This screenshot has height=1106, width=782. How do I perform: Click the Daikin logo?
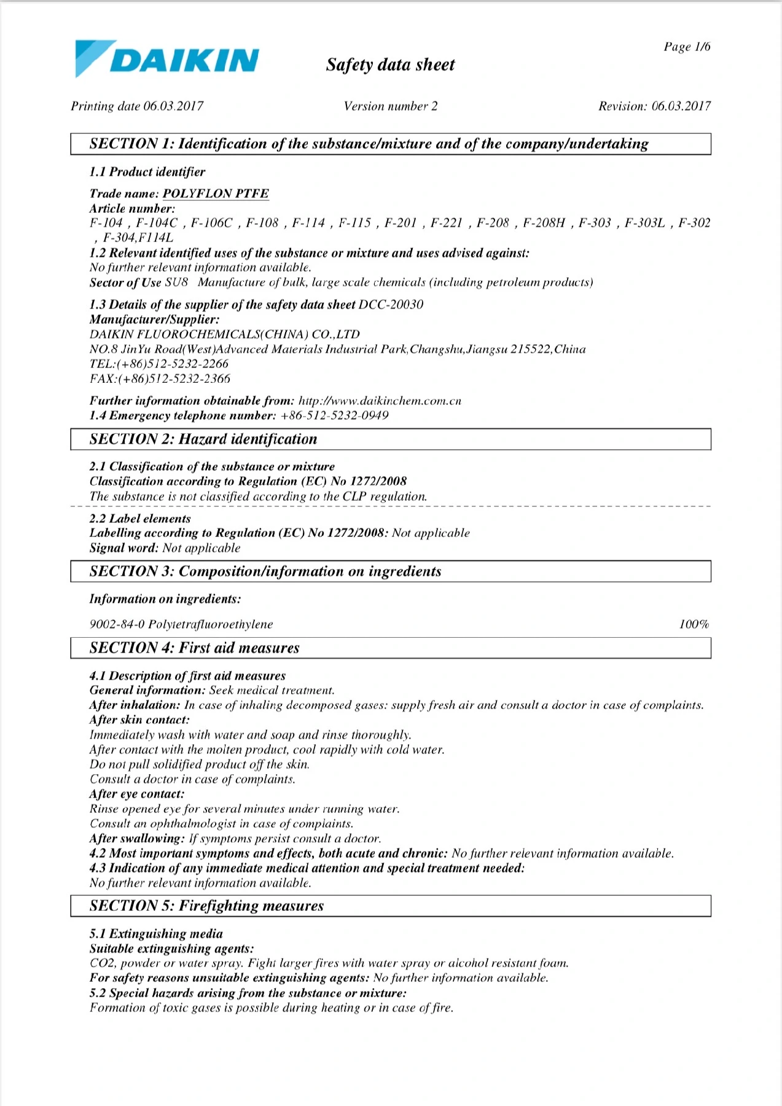click(x=166, y=59)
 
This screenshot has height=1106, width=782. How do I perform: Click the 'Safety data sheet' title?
click(x=390, y=65)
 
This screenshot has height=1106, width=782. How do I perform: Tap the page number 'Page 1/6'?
click(x=687, y=47)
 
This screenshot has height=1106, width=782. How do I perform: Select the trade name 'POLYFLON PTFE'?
click(x=216, y=194)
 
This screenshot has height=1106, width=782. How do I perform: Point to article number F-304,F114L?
click(x=138, y=238)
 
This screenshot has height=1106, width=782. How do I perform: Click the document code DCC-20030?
click(x=391, y=305)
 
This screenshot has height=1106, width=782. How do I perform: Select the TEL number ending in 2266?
click(x=159, y=364)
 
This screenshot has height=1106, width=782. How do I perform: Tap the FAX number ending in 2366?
click(x=160, y=379)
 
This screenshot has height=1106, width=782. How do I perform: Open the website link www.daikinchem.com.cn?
click(x=380, y=401)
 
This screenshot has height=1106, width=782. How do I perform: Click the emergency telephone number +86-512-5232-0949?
click(x=334, y=416)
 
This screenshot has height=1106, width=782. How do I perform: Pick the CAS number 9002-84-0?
click(x=117, y=624)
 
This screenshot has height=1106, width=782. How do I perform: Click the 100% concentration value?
click(x=694, y=624)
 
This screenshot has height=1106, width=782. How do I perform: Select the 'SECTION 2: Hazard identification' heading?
click(x=203, y=439)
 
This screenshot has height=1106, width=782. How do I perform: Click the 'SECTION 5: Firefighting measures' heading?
click(x=206, y=906)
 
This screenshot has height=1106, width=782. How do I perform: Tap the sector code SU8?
click(x=176, y=283)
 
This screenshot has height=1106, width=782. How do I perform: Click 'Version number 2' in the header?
click(x=391, y=106)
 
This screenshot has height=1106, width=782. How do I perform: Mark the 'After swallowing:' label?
click(x=136, y=839)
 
